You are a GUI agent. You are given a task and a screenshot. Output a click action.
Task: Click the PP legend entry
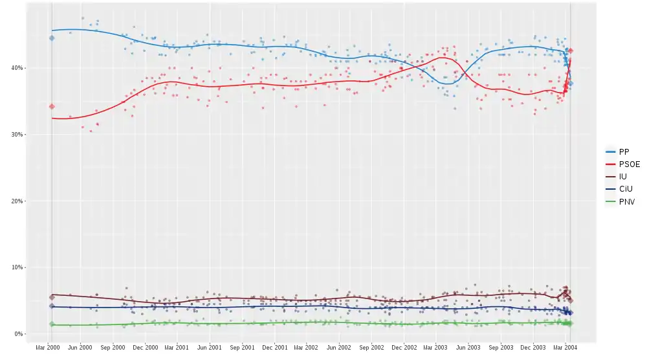coord(624,152)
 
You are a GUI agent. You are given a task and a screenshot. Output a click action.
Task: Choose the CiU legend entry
coord(625,189)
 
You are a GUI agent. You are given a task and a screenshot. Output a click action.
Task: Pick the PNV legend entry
coord(626,202)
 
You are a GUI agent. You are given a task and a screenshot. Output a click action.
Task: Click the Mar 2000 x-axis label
coord(49,347)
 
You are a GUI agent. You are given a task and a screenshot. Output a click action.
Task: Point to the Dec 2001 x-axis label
coord(276,347)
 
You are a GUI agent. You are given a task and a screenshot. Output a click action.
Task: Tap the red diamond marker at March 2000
coord(52,106)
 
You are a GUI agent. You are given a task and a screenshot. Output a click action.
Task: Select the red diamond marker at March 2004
coord(570,51)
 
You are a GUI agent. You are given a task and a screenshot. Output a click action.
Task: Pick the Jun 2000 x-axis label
coord(81,347)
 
